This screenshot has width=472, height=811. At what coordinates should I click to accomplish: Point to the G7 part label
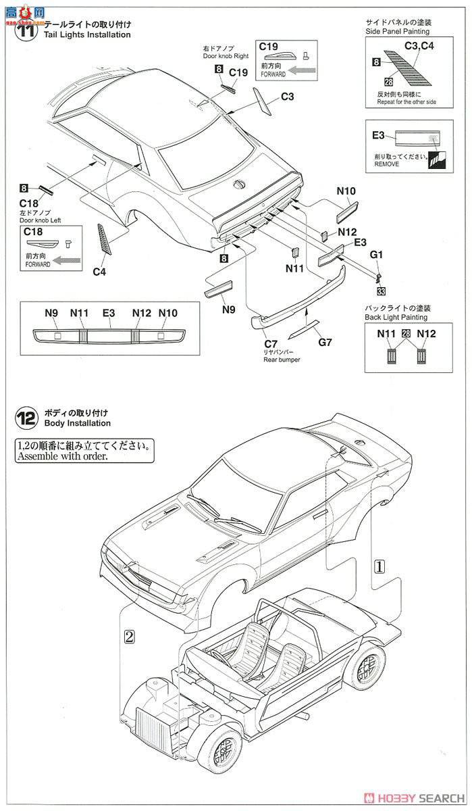325,342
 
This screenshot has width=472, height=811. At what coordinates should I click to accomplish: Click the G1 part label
376,255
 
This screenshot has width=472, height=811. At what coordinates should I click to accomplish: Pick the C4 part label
99,272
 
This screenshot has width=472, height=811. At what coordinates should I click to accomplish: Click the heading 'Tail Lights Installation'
87,34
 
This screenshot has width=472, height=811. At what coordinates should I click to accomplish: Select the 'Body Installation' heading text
77,423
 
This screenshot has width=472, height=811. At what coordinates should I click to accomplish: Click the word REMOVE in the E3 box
386,164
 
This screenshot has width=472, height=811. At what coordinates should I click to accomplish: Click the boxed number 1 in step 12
379,568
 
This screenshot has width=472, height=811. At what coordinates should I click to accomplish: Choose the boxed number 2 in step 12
130,635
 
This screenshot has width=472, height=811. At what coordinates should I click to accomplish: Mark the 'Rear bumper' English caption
282,360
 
